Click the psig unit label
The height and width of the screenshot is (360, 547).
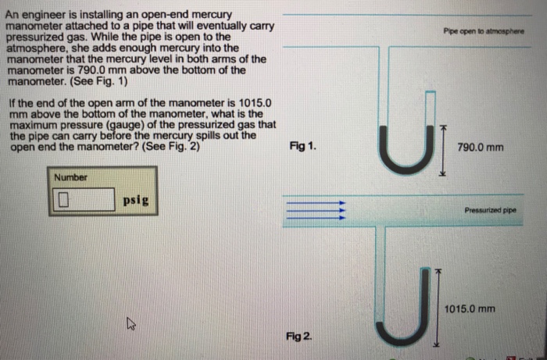click(x=136, y=200)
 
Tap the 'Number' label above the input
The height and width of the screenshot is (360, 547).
click(x=70, y=177)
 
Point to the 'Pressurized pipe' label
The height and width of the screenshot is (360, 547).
click(x=489, y=211)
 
